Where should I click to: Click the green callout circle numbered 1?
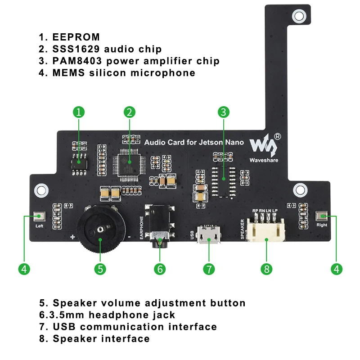[x=79, y=112]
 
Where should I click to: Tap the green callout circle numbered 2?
[x=129, y=112]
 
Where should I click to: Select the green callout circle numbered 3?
[x=224, y=112]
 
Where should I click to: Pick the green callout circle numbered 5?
[x=100, y=269]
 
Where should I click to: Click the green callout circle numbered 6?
[x=160, y=269]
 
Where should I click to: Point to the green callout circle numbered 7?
[x=208, y=269]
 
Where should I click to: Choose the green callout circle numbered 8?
[x=266, y=269]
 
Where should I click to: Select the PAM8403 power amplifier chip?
[x=224, y=178]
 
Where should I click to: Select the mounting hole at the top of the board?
[x=298, y=17]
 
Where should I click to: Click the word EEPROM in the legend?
[x=76, y=37]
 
